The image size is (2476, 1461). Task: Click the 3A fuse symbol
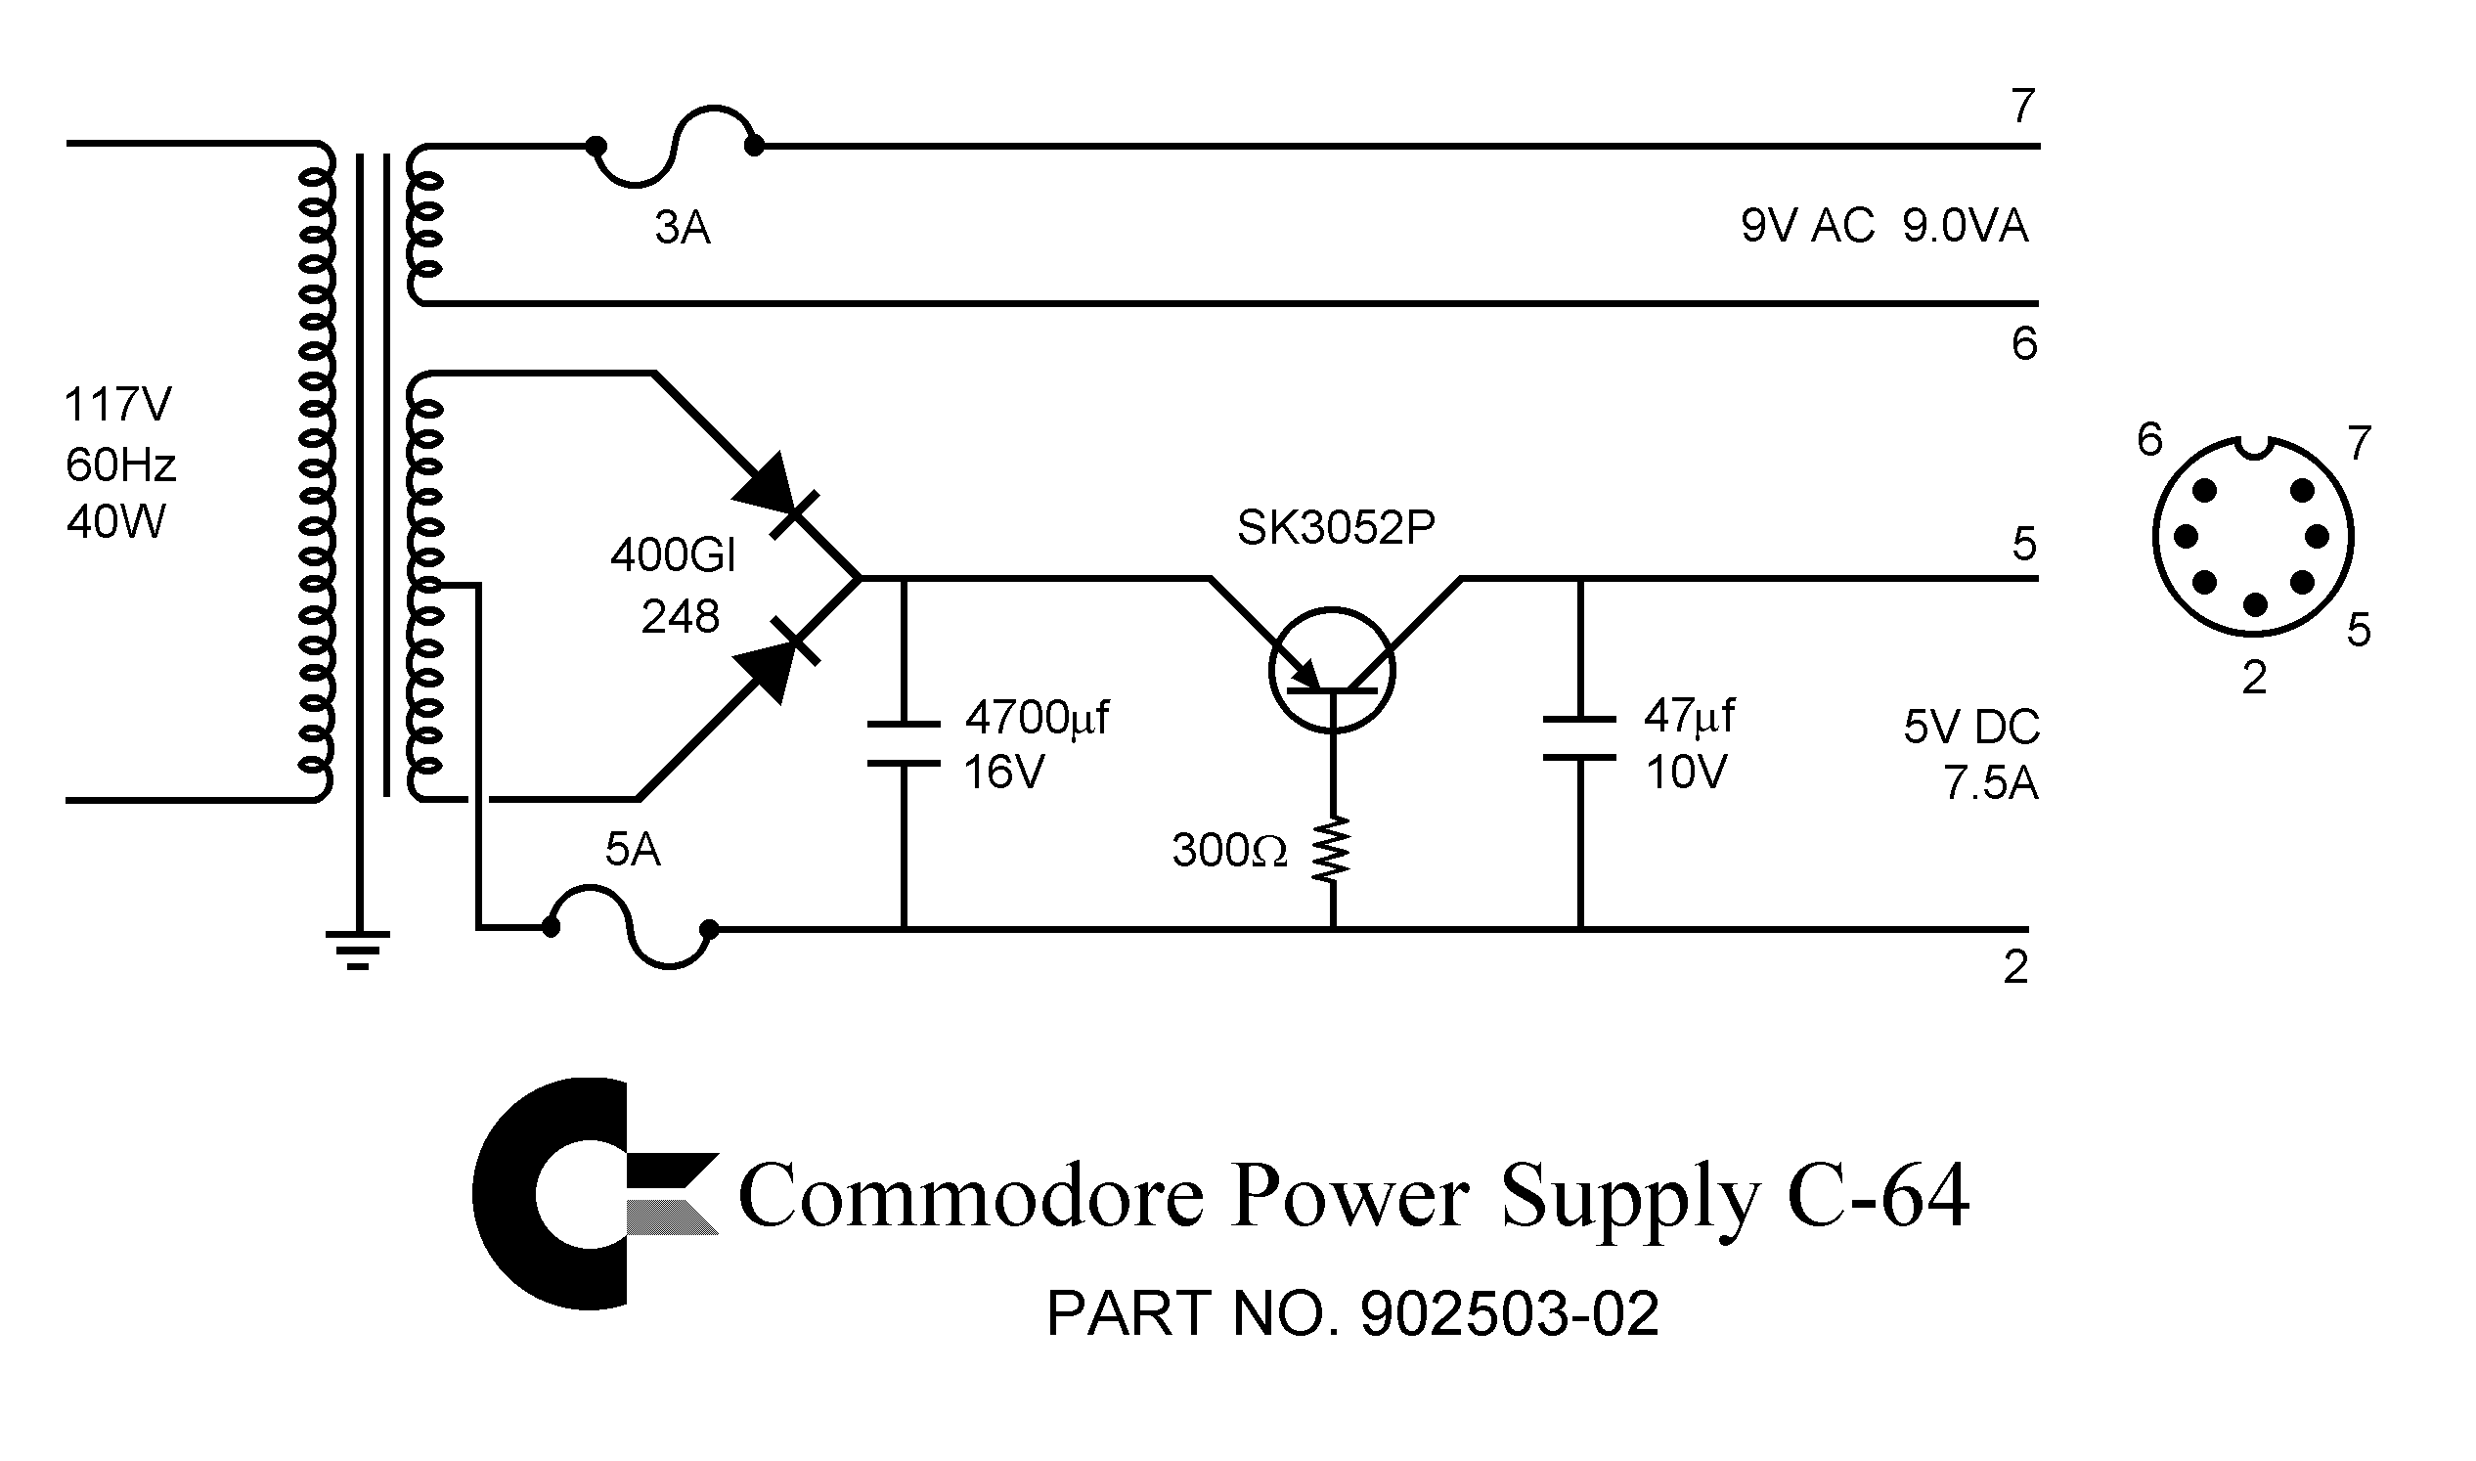(675, 147)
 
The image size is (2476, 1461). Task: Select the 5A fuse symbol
(630, 927)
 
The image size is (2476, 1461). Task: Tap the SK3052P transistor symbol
(1331, 671)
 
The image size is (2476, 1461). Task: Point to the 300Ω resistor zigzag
(1331, 850)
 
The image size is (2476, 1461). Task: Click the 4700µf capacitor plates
(903, 742)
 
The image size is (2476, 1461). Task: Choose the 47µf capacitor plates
(1579, 738)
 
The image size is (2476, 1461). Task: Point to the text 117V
(117, 405)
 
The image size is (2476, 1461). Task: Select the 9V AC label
(1806, 227)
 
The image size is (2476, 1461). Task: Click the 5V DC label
(1971, 728)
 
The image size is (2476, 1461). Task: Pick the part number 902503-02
(1509, 1313)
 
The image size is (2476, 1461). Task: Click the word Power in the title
(1349, 1196)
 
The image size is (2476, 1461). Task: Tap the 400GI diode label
(674, 557)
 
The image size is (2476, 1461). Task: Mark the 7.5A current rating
(1990, 784)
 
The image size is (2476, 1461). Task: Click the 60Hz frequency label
(120, 465)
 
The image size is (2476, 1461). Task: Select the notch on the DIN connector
(2252, 448)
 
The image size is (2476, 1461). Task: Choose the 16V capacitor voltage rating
(1003, 773)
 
